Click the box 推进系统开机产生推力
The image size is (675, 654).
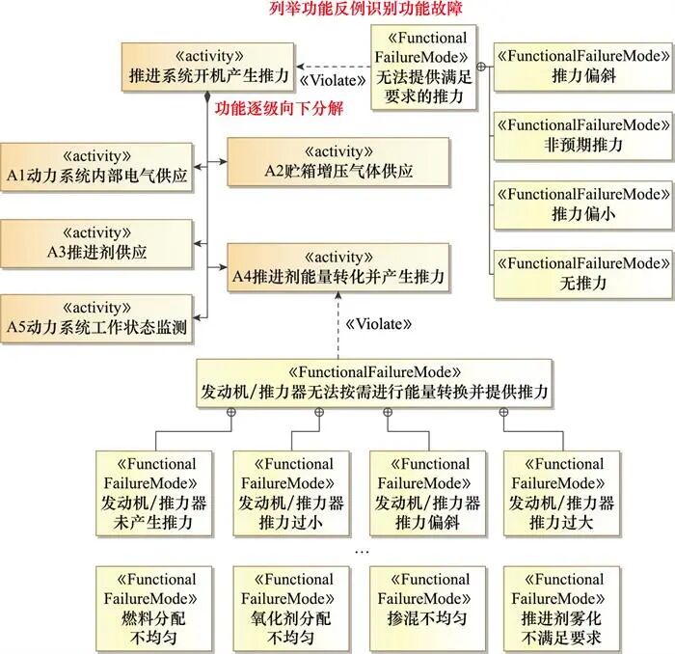coord(206,66)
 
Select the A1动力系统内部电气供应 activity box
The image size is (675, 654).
coord(96,168)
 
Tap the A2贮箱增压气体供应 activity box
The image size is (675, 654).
coord(337,162)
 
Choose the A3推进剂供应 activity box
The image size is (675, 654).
coord(96,242)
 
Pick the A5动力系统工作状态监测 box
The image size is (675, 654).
coord(96,318)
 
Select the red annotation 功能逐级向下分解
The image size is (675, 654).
coord(279,108)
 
